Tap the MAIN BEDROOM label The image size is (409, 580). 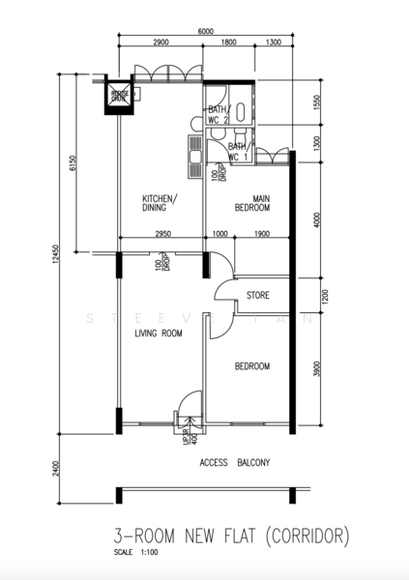pyautogui.click(x=253, y=202)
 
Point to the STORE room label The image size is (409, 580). pyautogui.click(x=257, y=296)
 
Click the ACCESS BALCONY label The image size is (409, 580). pyautogui.click(x=234, y=463)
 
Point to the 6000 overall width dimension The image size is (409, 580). pyautogui.click(x=205, y=32)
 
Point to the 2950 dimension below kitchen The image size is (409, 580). pyautogui.click(x=162, y=233)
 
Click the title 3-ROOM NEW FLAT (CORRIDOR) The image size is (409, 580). pyautogui.click(x=230, y=536)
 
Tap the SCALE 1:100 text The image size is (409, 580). pyautogui.click(x=135, y=554)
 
